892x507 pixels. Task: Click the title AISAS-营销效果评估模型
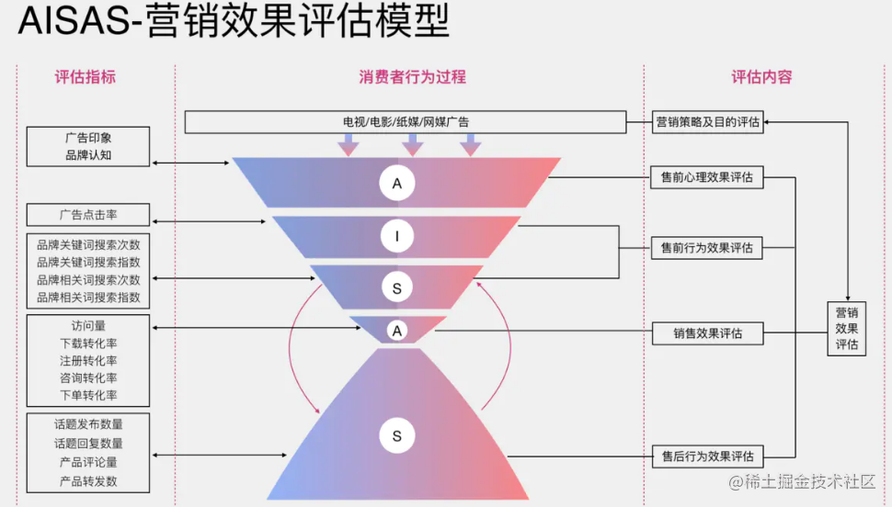point(234,23)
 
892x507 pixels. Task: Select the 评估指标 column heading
point(86,77)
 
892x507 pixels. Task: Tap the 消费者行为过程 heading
point(412,77)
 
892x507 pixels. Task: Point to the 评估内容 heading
point(761,77)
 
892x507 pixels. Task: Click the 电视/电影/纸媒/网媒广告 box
point(406,121)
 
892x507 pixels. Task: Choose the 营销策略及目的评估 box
point(707,121)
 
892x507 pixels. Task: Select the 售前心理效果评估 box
point(707,177)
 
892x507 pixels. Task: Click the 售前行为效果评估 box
point(707,247)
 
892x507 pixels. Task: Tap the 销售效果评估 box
point(707,332)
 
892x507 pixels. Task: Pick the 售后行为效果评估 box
point(707,455)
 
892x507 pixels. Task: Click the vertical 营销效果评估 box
point(847,328)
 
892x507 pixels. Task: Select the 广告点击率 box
point(88,215)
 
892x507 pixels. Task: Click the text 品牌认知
point(88,155)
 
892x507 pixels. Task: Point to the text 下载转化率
point(88,343)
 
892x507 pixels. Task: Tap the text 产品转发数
point(88,480)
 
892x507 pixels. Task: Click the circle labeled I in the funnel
point(397,237)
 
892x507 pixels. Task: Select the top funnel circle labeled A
point(397,184)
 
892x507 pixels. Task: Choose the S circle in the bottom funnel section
point(397,436)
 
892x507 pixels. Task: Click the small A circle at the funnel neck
point(397,330)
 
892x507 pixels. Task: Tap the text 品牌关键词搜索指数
point(88,263)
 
